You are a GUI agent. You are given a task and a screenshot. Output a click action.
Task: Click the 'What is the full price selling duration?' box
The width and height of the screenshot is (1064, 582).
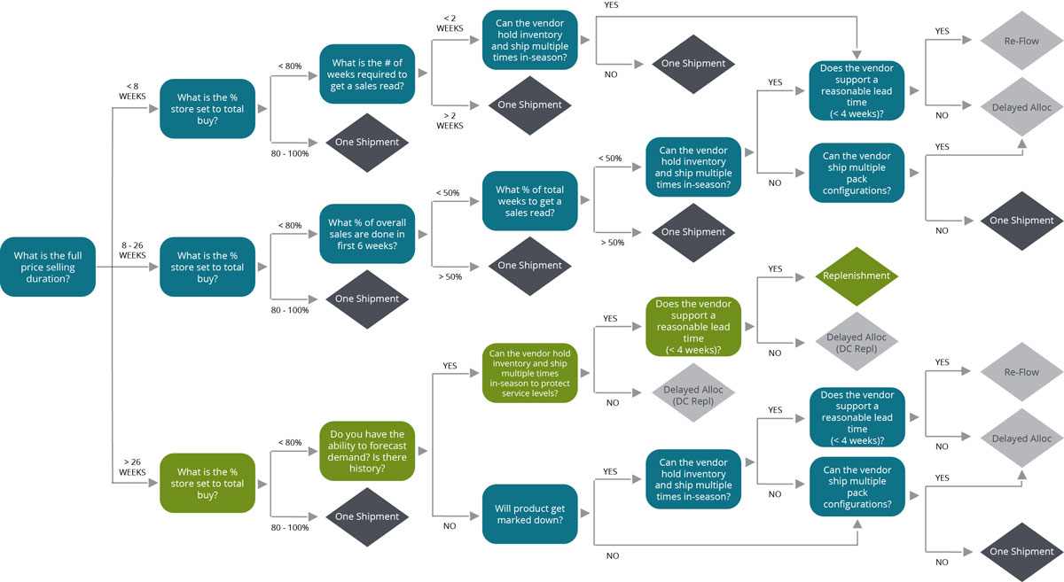click(48, 266)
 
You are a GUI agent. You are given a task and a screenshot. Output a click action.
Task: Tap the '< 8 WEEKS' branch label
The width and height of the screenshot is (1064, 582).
click(132, 91)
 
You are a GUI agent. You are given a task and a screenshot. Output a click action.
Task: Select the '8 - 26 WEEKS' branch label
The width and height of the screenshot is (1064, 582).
click(132, 249)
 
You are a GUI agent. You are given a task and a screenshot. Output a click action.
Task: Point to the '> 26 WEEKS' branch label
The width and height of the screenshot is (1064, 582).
click(132, 466)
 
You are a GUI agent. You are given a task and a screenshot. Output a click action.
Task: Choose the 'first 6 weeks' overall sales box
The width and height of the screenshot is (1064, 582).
click(367, 234)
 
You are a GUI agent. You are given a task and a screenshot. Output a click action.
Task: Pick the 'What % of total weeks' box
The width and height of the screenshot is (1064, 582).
click(529, 201)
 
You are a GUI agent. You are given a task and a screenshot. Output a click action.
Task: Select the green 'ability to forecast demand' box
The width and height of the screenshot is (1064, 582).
click(367, 451)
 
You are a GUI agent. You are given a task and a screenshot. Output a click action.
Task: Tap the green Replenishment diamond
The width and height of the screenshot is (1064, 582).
click(857, 275)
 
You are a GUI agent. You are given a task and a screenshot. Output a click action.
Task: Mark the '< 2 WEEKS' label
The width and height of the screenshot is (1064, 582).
click(450, 22)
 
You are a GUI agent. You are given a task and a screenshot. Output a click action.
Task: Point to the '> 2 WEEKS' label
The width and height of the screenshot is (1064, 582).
click(450, 120)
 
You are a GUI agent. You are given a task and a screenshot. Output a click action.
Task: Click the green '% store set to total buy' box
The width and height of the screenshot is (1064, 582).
click(210, 484)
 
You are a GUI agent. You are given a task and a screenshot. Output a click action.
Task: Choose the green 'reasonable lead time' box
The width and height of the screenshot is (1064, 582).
click(693, 327)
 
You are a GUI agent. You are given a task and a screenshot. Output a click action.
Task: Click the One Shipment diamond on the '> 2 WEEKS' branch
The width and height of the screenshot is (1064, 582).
click(529, 105)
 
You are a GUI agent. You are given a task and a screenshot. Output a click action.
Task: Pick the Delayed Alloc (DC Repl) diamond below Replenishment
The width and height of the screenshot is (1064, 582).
click(857, 343)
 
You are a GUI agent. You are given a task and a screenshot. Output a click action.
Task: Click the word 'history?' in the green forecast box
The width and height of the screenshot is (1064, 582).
click(367, 468)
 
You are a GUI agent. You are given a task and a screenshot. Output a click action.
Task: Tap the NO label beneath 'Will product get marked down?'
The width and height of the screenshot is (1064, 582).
click(612, 556)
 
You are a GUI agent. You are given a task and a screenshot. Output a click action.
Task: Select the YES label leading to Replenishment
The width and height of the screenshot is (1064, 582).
click(775, 268)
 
